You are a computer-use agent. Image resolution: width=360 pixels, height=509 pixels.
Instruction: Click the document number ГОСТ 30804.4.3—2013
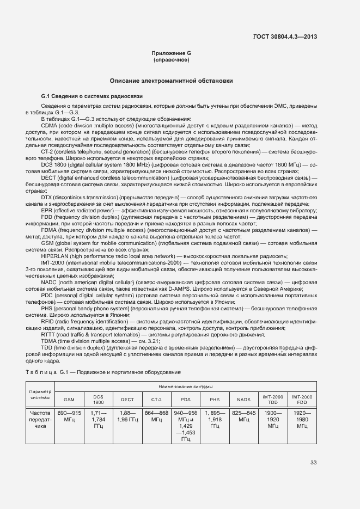(x=285, y=38)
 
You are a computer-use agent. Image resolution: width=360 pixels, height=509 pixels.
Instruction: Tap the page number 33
(x=314, y=463)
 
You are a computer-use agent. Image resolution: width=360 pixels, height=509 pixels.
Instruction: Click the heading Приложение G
(x=172, y=53)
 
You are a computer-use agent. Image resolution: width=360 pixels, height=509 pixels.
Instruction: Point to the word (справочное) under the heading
(x=172, y=59)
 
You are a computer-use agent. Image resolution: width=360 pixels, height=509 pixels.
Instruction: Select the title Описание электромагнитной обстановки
(x=172, y=81)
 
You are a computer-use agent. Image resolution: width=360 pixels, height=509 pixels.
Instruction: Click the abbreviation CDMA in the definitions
(x=50, y=125)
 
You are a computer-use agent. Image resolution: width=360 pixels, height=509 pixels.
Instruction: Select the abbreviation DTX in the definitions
(x=48, y=197)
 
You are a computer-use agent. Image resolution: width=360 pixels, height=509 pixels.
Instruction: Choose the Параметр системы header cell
(x=40, y=394)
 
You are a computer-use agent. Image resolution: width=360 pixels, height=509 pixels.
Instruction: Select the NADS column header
(x=243, y=400)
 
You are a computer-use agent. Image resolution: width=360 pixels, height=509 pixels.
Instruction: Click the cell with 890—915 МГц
(x=69, y=416)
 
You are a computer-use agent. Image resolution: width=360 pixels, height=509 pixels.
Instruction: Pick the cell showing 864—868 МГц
(x=156, y=416)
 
